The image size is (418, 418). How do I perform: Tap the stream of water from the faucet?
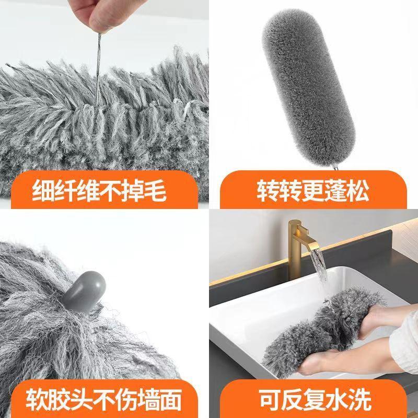(x=320, y=277)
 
